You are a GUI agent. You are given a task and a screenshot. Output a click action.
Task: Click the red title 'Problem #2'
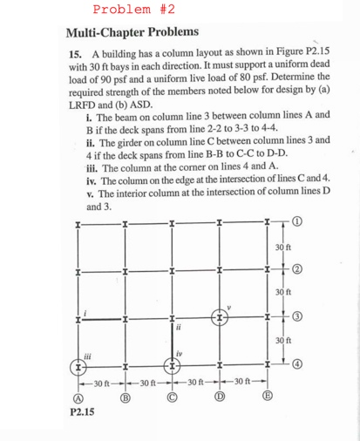pyautogui.click(x=134, y=10)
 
